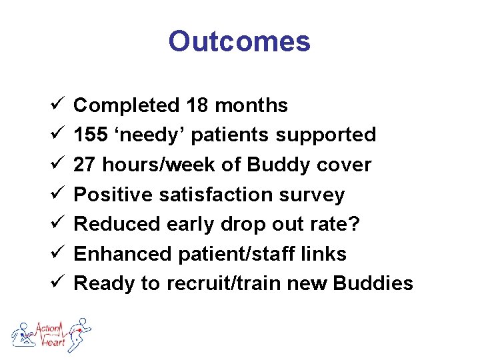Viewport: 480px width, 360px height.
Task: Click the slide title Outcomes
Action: (x=239, y=41)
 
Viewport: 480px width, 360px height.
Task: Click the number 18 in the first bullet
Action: (x=198, y=105)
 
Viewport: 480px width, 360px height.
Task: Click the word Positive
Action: (x=115, y=195)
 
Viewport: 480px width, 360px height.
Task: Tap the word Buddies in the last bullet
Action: (x=373, y=283)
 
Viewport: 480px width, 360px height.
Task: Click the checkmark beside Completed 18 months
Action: (x=56, y=105)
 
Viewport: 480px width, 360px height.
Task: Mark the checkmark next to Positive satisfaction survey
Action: (x=56, y=195)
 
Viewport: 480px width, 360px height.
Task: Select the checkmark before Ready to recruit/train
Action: (x=56, y=283)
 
